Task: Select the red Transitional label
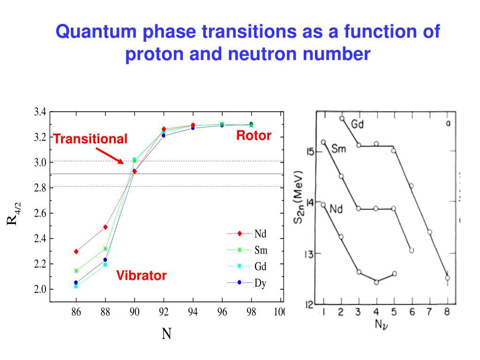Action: pyautogui.click(x=90, y=139)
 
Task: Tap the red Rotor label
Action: pyautogui.click(x=254, y=136)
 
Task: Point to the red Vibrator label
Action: pyautogui.click(x=142, y=276)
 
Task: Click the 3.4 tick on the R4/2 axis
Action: pyautogui.click(x=40, y=112)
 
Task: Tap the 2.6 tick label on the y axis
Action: pyautogui.click(x=40, y=213)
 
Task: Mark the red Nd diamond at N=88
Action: pyautogui.click(x=105, y=227)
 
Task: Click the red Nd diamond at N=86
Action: pyautogui.click(x=76, y=252)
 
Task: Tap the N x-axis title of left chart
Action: pyautogui.click(x=166, y=334)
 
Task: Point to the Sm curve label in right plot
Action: pyautogui.click(x=339, y=149)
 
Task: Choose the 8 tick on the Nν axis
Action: pyautogui.click(x=447, y=312)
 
